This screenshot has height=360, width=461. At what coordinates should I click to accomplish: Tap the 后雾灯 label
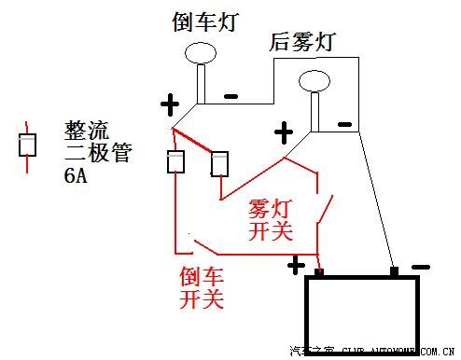click(301, 42)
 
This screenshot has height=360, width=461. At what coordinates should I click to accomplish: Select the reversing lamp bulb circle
click(201, 53)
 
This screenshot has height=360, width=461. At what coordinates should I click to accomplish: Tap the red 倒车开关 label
click(203, 287)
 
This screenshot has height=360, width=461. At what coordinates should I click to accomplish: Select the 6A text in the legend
click(77, 175)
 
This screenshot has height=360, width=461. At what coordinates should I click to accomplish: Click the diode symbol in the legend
click(28, 145)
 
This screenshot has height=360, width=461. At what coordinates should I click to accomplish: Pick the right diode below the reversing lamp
click(221, 163)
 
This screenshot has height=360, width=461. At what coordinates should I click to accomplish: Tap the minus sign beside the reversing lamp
click(230, 95)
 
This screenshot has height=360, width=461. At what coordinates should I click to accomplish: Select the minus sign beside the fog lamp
click(344, 123)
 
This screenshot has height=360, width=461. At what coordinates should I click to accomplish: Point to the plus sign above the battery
click(297, 266)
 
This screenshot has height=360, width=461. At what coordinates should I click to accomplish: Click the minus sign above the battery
click(421, 267)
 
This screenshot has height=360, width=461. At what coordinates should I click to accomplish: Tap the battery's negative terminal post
click(395, 271)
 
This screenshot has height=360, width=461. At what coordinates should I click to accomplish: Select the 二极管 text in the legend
click(95, 152)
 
